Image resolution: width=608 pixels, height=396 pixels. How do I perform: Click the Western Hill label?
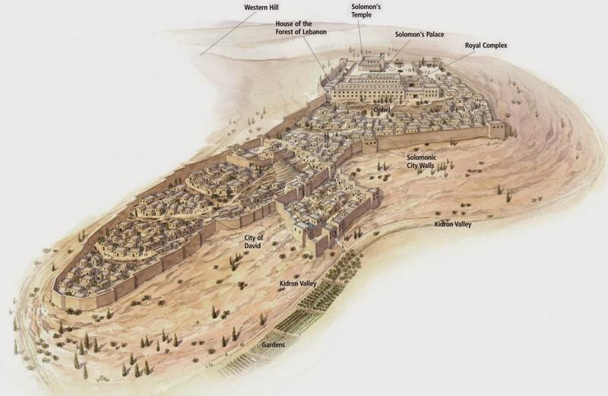coord(261,7)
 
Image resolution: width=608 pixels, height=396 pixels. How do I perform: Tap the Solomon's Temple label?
coord(366,11)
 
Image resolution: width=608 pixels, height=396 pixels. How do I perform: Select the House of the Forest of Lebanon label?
coord(301,28)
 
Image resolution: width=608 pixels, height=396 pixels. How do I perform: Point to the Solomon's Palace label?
coord(420,34)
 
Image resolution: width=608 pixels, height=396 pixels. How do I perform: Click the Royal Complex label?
coord(486,46)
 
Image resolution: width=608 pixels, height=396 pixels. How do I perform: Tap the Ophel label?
coord(382,109)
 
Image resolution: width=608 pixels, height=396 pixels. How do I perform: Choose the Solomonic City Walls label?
coord(421,161)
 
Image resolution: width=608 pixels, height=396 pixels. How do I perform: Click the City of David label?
coord(254,242)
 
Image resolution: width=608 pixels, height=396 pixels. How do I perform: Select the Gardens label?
coord(273,344)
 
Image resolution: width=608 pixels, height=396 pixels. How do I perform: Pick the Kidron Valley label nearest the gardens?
coord(298,284)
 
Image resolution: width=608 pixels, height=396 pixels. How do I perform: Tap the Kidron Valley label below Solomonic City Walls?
coord(452,224)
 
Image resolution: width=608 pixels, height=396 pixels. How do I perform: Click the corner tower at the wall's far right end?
coord(497,130)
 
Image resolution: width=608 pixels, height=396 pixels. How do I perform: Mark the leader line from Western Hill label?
coord(229,33)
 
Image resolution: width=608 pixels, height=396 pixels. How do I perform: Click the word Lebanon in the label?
coord(312,32)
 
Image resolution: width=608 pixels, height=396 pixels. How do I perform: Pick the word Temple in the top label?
coord(362,14)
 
